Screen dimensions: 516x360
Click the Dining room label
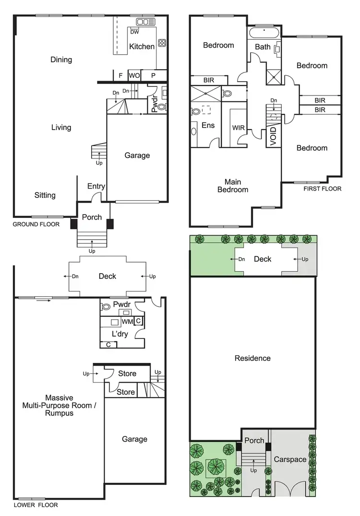tap(61, 60)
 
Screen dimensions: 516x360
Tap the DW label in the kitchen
tap(135, 32)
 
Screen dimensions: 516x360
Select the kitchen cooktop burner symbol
tap(162, 42)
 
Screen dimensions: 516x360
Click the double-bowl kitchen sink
tap(144, 22)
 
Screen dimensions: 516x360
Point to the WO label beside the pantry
tap(134, 75)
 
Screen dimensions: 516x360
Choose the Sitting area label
tap(45, 195)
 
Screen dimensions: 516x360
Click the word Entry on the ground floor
tap(96, 186)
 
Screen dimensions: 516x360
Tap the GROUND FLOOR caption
tap(36, 224)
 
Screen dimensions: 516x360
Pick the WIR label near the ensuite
tap(239, 128)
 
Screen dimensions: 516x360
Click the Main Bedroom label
tap(233, 186)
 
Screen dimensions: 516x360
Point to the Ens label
tap(208, 126)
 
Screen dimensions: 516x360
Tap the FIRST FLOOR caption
tap(322, 189)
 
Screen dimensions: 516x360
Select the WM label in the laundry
tap(127, 321)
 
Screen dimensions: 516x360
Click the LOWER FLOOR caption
tap(36, 505)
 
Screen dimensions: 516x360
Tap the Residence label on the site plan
tap(252, 358)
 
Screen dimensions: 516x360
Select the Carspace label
tap(290, 459)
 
